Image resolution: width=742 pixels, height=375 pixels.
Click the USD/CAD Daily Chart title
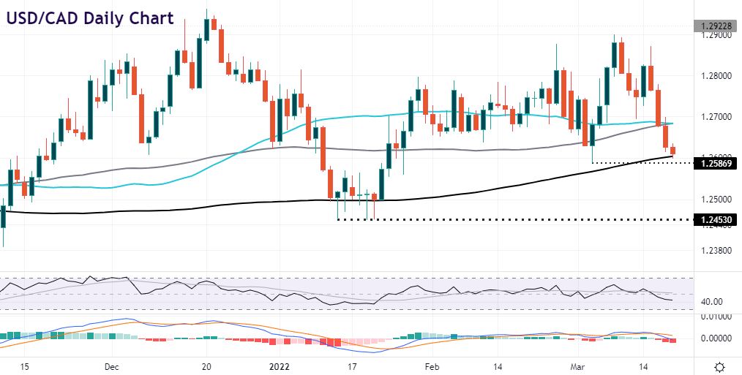point(90,18)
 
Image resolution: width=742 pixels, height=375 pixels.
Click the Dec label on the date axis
point(111,365)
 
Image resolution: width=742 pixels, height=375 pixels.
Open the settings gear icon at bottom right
point(719,365)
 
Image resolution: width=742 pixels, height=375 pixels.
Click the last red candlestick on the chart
point(673,151)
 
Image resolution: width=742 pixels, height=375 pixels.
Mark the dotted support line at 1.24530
point(512,219)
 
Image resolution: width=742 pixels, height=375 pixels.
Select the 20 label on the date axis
point(206,365)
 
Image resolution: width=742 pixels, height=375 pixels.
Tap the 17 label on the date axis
point(352,365)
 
